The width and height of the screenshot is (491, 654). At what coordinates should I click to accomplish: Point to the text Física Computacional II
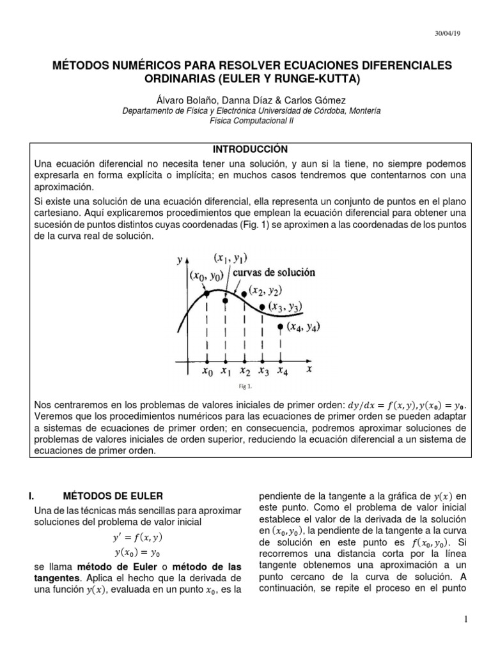point(245,119)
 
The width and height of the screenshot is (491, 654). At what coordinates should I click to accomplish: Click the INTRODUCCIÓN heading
point(245,149)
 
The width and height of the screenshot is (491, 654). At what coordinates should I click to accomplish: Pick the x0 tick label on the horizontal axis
point(207,370)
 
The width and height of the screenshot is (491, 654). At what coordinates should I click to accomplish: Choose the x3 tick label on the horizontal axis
point(263,370)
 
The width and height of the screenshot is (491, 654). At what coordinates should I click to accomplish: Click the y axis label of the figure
point(179,259)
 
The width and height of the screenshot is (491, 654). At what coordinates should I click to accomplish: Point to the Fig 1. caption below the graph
point(245,386)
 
